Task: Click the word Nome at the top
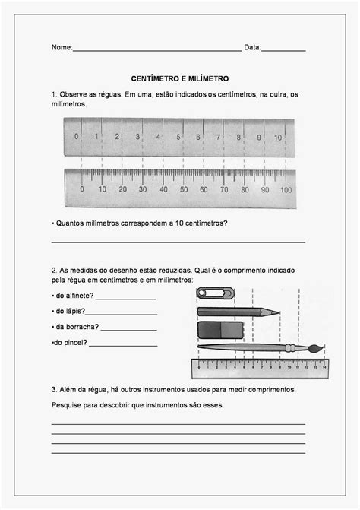62,47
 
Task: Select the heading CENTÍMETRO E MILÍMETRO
179,78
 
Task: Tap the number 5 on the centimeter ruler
178,138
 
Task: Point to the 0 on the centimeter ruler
77,138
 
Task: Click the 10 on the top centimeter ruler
279,138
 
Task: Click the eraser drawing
220,329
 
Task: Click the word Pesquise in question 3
65,404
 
